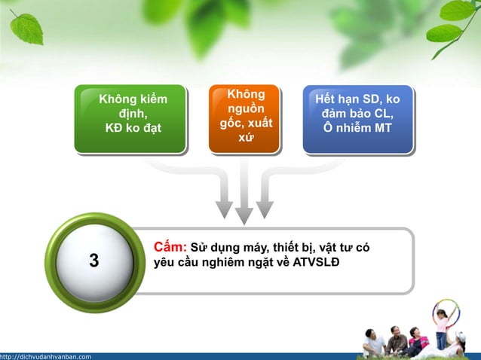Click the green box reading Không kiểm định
(x=130, y=118)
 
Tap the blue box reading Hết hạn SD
(x=357, y=118)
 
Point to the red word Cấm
(x=170, y=247)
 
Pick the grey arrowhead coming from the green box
(x=225, y=207)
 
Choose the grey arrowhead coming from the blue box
(x=265, y=207)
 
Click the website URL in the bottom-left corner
(x=46, y=356)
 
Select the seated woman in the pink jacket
(x=416, y=340)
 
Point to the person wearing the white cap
(x=375, y=343)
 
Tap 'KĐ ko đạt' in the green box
(x=133, y=127)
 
